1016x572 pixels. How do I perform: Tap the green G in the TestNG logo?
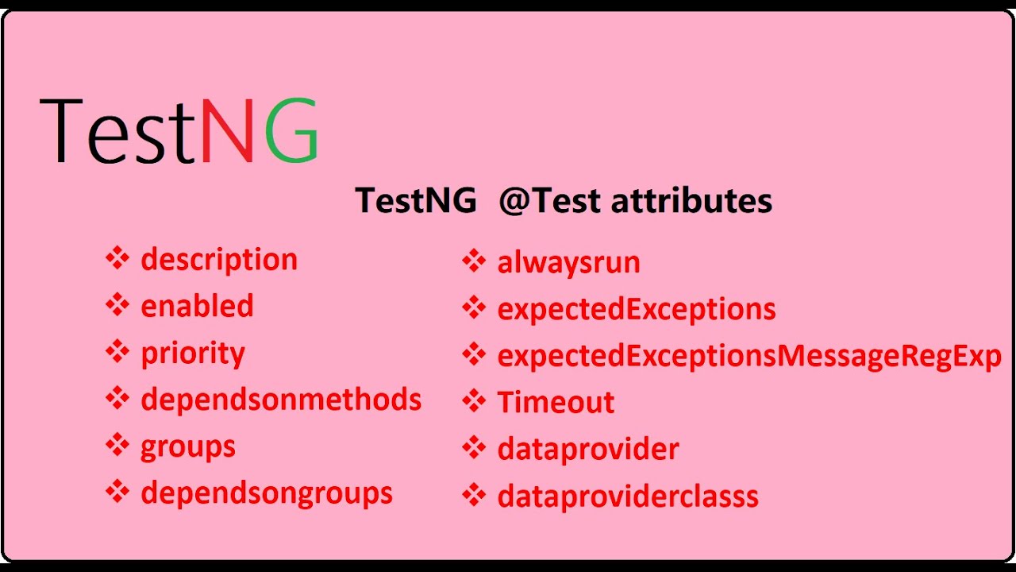pyautogui.click(x=291, y=131)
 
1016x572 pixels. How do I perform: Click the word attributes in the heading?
pyautogui.click(x=692, y=200)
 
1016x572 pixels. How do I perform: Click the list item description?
pyautogui.click(x=219, y=260)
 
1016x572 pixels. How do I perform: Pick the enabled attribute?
pyautogui.click(x=197, y=306)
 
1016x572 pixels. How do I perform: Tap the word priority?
pyautogui.click(x=193, y=353)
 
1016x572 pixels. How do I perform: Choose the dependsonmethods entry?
pyautogui.click(x=281, y=399)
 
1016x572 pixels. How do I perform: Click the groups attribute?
pyautogui.click(x=188, y=446)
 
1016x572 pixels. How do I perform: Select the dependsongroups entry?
pyautogui.click(x=267, y=493)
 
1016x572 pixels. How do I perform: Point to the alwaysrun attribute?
pyautogui.click(x=568, y=263)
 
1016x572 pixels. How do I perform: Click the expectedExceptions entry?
pyautogui.click(x=637, y=309)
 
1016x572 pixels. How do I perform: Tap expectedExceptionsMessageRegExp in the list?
pyautogui.click(x=749, y=356)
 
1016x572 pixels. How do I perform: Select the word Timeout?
pyautogui.click(x=556, y=402)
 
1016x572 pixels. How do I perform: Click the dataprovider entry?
pyautogui.click(x=588, y=449)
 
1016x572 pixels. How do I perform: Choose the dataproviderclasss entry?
pyautogui.click(x=628, y=497)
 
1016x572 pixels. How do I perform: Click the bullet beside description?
pyautogui.click(x=117, y=258)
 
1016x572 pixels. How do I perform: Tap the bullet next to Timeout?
pyautogui.click(x=474, y=400)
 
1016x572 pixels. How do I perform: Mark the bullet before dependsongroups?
pyautogui.click(x=117, y=492)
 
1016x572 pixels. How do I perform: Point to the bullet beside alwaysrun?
pyautogui.click(x=474, y=261)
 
